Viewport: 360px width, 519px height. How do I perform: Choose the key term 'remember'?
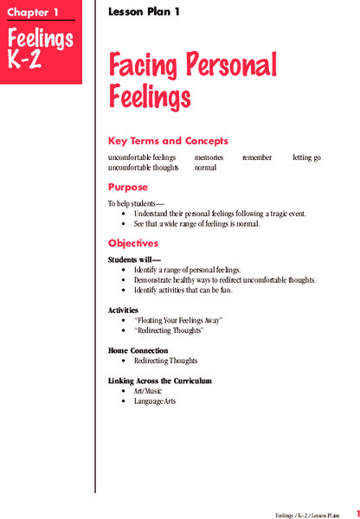[257, 158]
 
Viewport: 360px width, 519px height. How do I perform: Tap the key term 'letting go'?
[308, 158]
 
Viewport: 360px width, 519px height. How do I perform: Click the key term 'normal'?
[205, 168]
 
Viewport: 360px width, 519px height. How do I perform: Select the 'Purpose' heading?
[128, 186]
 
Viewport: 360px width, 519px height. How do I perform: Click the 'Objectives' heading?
[133, 243]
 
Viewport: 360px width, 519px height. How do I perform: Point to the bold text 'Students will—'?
[134, 260]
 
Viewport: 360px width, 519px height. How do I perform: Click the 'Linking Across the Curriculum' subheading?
[160, 381]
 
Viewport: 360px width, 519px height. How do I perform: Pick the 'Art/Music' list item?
[148, 392]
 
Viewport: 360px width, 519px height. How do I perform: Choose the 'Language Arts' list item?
[155, 402]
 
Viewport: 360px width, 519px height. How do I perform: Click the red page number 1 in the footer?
[357, 512]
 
